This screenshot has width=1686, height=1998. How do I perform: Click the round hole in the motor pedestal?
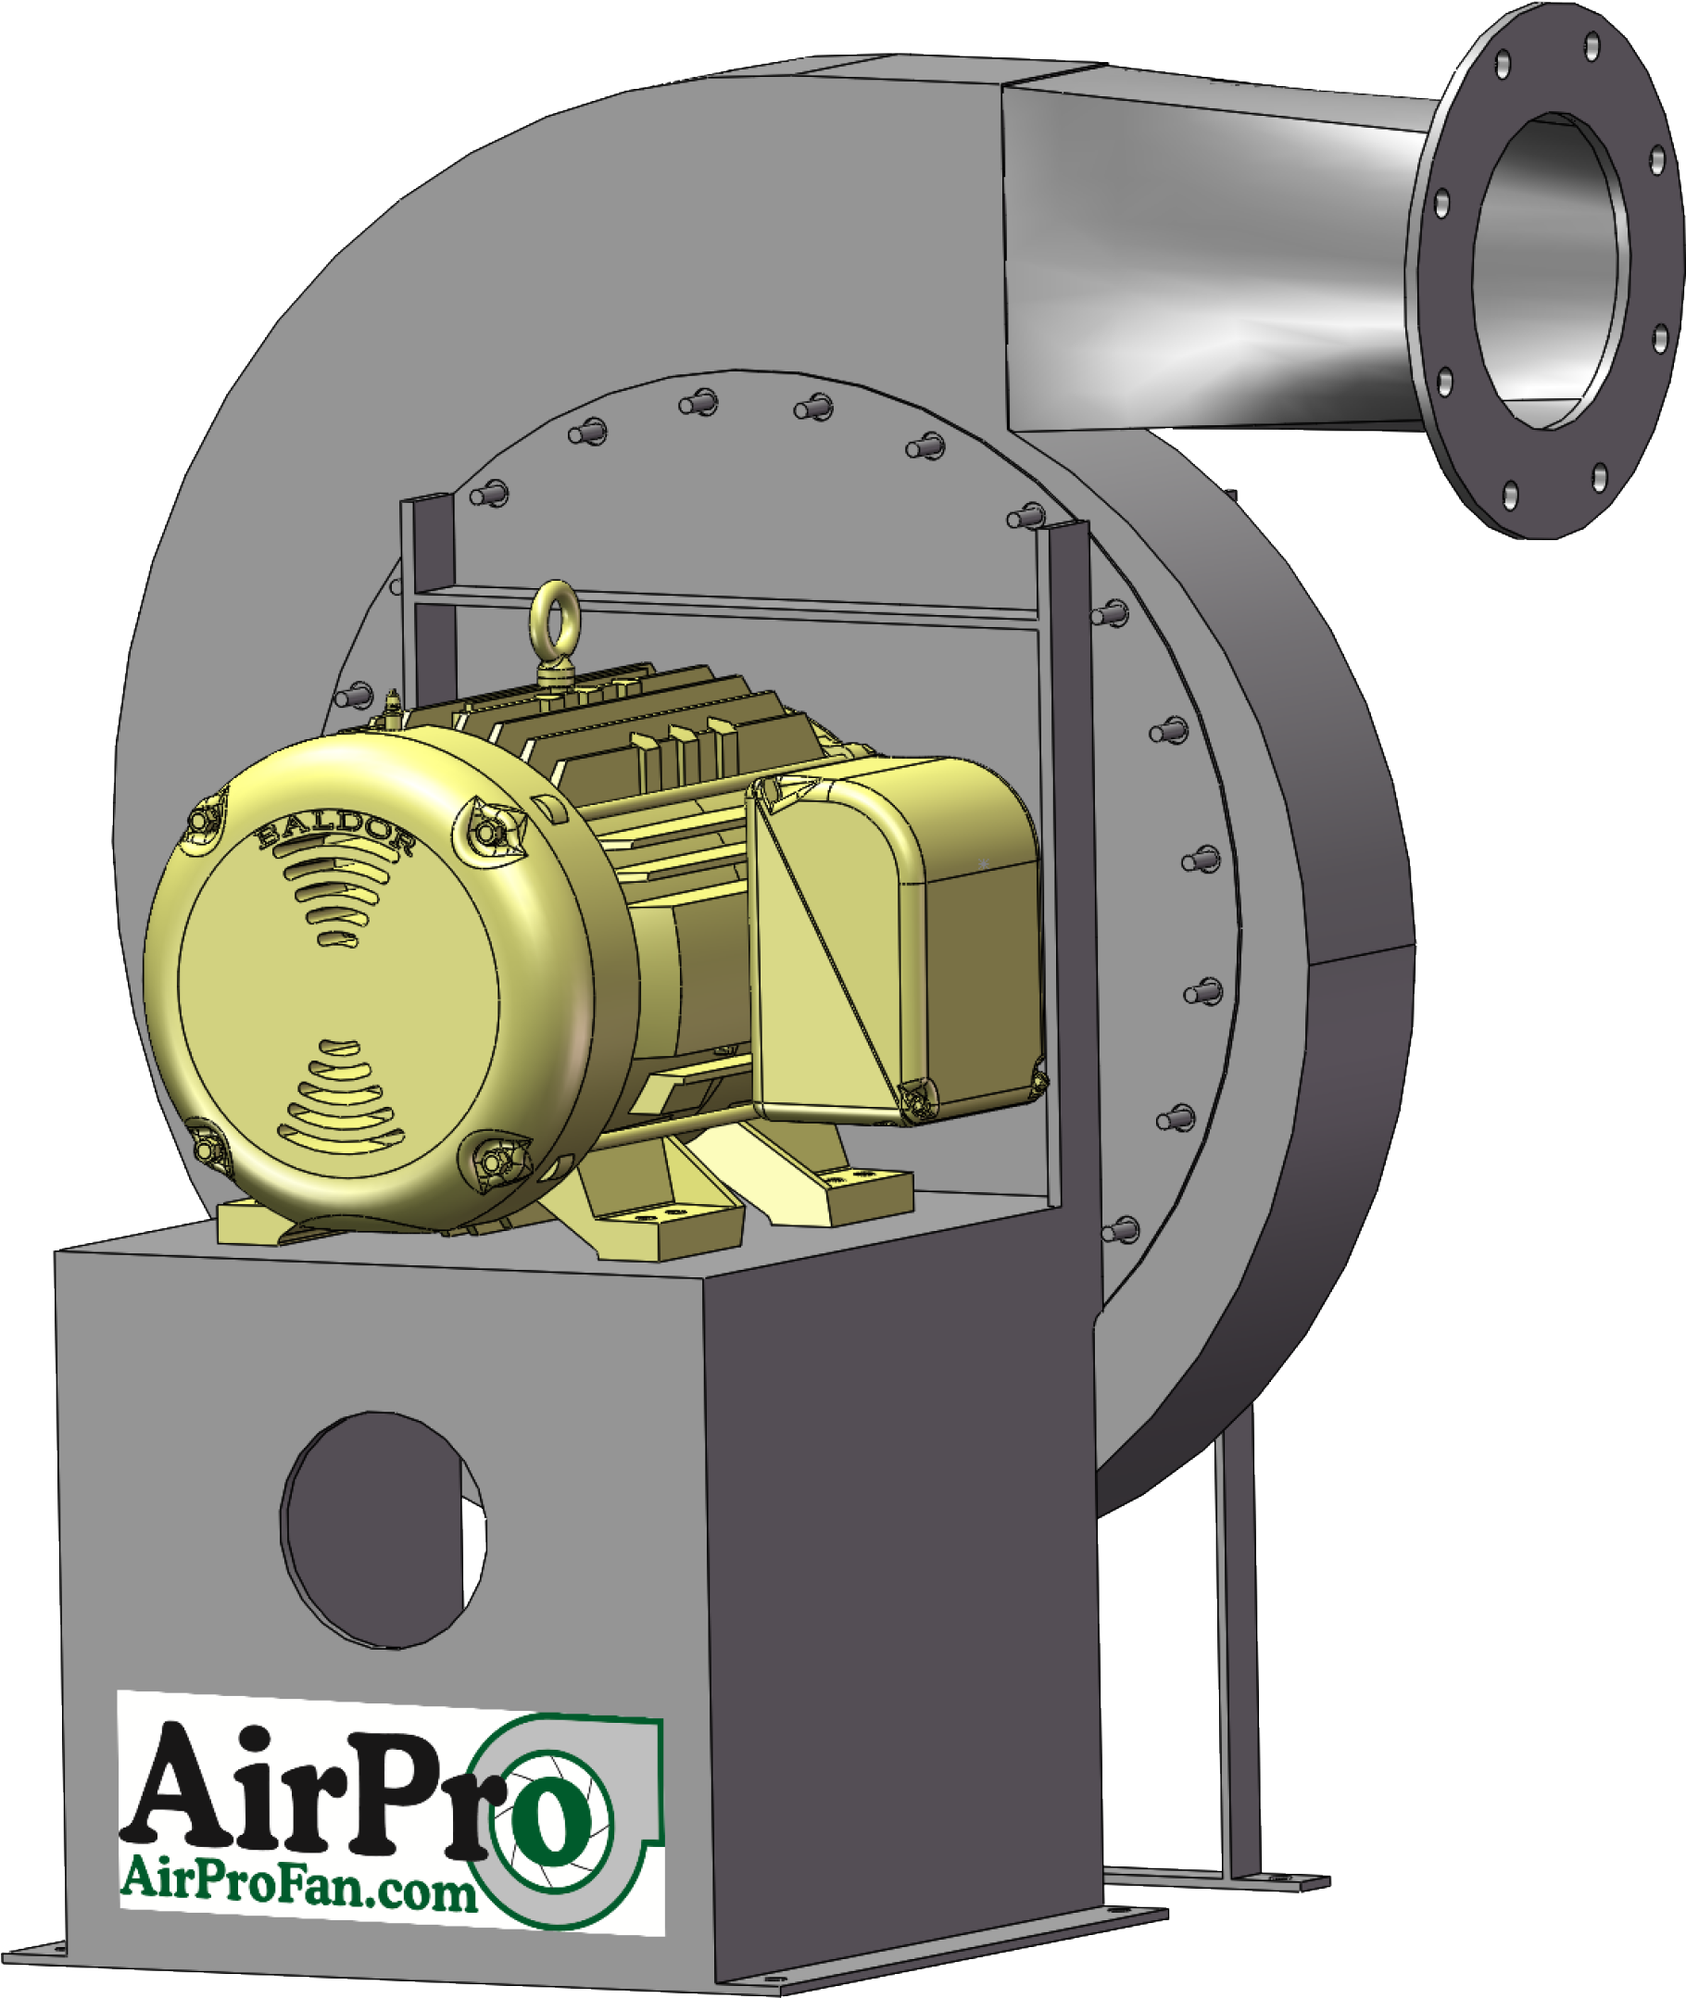pyautogui.click(x=383, y=1529)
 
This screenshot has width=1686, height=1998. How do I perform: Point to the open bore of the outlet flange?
pyautogui.click(x=1548, y=272)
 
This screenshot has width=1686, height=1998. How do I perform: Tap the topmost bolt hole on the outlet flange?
pyautogui.click(x=1592, y=44)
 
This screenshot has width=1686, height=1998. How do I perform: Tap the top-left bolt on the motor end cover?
pyautogui.click(x=204, y=821)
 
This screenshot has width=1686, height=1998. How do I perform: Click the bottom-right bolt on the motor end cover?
pyautogui.click(x=495, y=1162)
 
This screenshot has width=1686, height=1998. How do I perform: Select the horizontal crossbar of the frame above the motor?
pyautogui.click(x=726, y=608)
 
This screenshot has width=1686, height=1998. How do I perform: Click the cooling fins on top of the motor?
pyautogui.click(x=660, y=726)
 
